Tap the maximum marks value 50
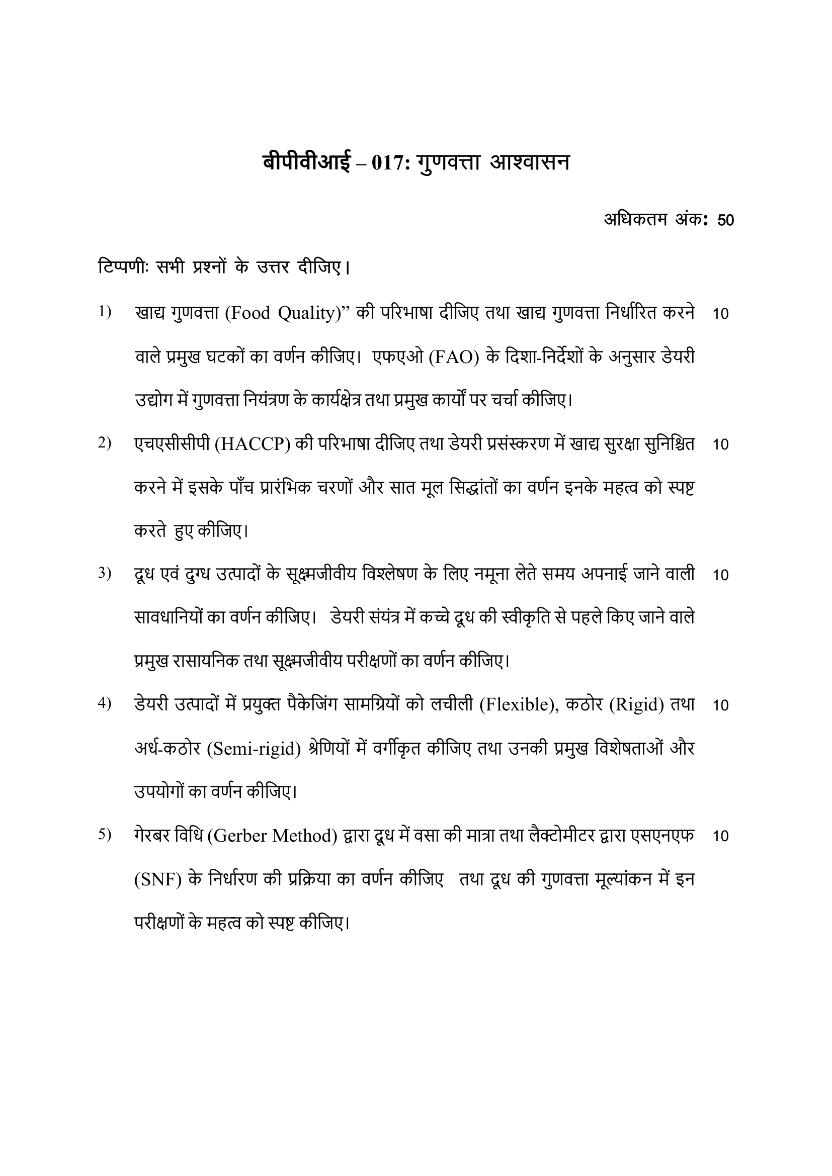(725, 220)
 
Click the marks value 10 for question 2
(720, 444)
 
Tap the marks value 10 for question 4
(720, 706)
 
